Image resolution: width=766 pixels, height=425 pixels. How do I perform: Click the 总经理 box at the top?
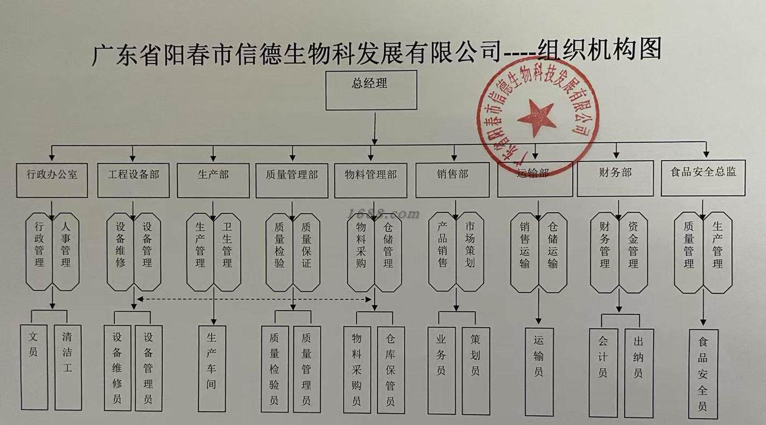(371, 91)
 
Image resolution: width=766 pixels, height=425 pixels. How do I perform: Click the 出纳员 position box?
(638, 372)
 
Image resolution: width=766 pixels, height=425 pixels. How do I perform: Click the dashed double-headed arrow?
(254, 299)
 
